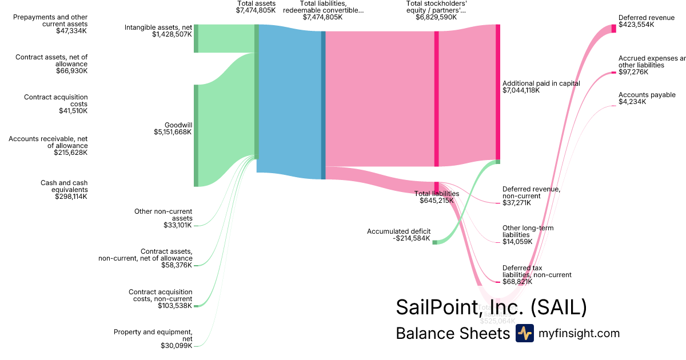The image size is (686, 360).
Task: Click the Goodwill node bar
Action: [196, 135]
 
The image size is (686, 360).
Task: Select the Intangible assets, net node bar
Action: [196, 38]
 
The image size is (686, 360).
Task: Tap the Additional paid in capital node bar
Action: [497, 92]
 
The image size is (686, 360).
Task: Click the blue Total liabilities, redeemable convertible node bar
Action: [323, 105]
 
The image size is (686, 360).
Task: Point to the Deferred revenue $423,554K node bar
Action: [614, 28]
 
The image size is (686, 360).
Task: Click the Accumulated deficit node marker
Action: [434, 242]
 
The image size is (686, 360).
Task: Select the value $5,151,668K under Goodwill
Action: [173, 132]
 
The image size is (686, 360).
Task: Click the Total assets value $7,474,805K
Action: [256, 10]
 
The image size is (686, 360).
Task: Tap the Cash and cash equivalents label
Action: [64, 186]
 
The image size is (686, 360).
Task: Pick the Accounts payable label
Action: [647, 95]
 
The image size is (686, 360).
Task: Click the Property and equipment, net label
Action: [153, 335]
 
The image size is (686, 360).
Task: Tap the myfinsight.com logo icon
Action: [524, 333]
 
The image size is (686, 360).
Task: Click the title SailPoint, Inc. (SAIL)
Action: [491, 307]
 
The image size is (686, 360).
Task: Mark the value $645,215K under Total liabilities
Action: [437, 201]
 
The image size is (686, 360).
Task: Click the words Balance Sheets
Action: [452, 334]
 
